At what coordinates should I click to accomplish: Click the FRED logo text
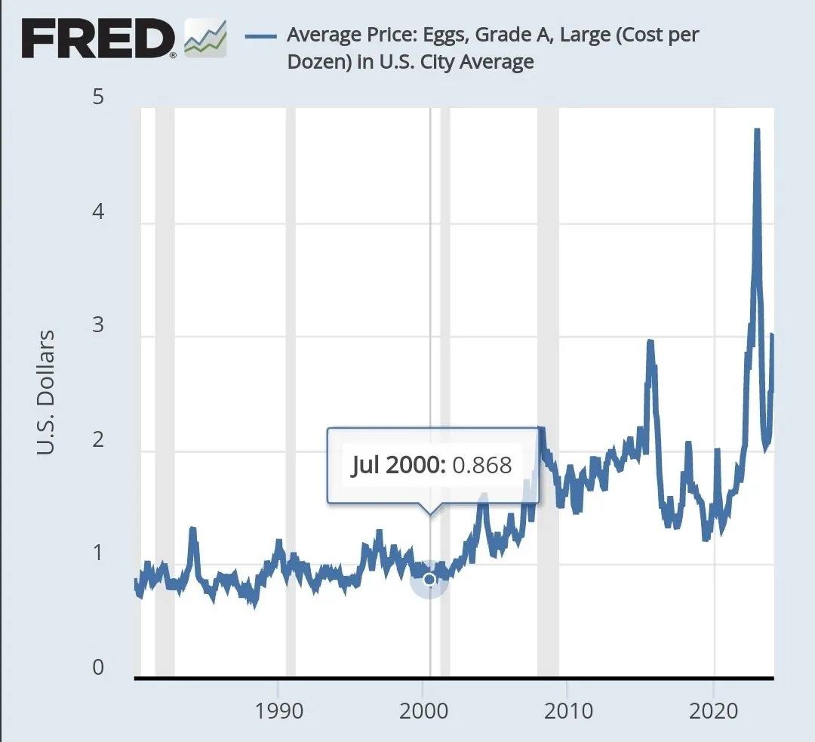click(98, 38)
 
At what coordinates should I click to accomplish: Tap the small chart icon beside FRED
click(205, 38)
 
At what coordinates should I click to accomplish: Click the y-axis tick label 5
click(98, 98)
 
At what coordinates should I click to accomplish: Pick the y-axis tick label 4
click(98, 213)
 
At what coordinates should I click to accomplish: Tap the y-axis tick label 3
click(98, 327)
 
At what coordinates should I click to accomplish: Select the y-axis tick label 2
click(98, 441)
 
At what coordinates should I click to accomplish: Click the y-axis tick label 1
click(98, 554)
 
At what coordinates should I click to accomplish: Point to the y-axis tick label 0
click(98, 668)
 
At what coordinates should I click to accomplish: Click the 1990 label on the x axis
click(278, 712)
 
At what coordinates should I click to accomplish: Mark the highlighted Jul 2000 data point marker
click(429, 579)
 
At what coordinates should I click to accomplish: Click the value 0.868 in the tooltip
click(481, 465)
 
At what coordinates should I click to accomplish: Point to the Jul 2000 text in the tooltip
click(398, 465)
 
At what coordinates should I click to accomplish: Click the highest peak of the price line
click(757, 131)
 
